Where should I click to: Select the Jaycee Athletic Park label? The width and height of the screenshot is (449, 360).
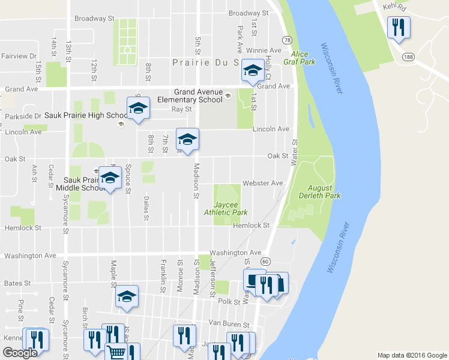tap(226, 208)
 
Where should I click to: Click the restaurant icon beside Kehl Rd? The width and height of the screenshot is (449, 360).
tap(399, 28)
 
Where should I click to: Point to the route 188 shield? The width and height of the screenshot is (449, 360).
tap(408, 56)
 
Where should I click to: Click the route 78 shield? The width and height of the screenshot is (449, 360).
tap(288, 40)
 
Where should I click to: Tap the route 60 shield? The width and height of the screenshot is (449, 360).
tap(265, 262)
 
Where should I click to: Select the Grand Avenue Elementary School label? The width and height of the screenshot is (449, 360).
tap(186, 95)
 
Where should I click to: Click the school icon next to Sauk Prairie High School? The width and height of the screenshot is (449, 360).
tap(138, 109)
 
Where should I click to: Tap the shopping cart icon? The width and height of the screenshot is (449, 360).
tap(116, 353)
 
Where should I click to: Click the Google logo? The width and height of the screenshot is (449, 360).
tap(20, 353)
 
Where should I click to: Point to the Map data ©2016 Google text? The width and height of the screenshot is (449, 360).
tap(412, 355)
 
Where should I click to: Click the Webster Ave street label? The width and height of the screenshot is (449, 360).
tap(262, 183)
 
